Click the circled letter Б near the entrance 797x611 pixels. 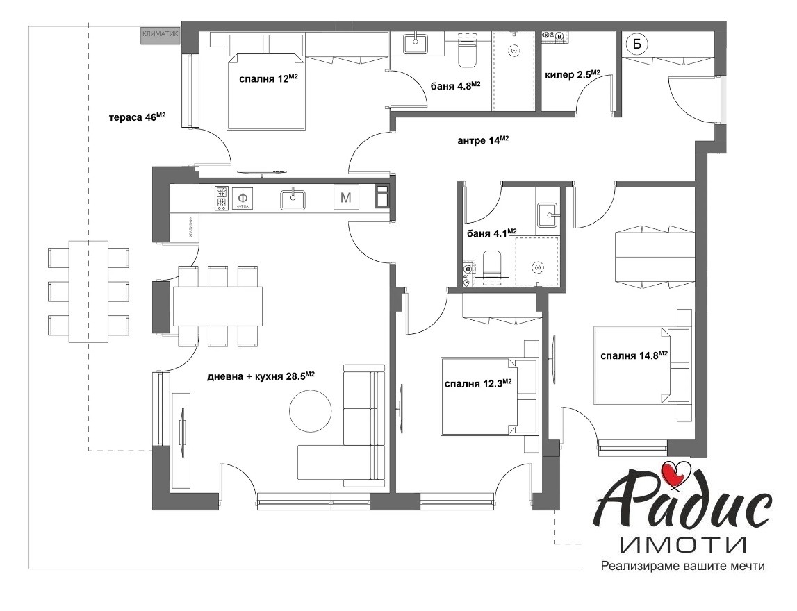[636, 44]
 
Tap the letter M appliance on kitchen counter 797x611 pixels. [346, 199]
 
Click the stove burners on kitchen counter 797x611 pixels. [222, 199]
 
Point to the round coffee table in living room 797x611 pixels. [310, 410]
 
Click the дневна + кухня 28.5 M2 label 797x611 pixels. [261, 376]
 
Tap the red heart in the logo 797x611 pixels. [674, 474]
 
